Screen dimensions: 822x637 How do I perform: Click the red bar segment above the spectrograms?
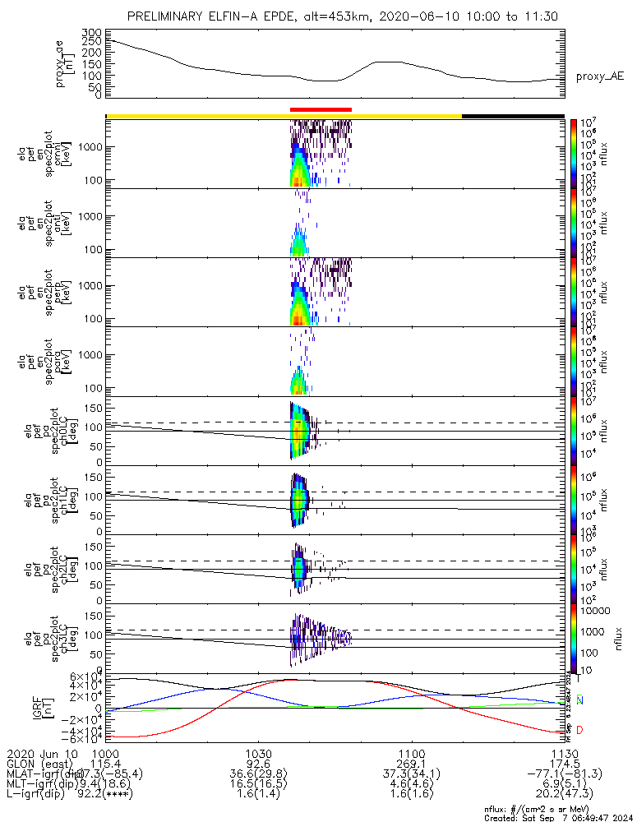point(321,109)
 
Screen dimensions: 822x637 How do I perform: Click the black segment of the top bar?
point(513,116)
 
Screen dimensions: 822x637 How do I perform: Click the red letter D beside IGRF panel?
point(581,729)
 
